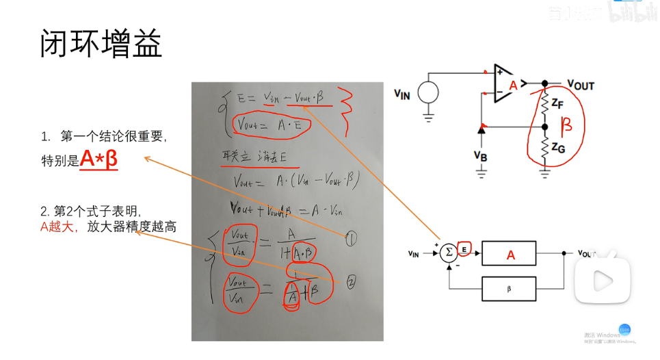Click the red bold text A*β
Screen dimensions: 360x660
coord(98,159)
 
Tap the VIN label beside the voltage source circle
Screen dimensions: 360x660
coord(402,94)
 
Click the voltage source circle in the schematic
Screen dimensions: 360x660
coord(429,92)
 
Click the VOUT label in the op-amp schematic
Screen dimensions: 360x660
coord(581,85)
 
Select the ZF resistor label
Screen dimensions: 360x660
coord(557,104)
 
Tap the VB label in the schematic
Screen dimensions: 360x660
coord(480,155)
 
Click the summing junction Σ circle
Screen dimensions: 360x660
coord(449,253)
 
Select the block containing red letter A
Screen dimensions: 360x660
coord(510,254)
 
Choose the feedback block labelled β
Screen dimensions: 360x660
coord(509,288)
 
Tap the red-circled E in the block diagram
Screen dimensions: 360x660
coord(466,250)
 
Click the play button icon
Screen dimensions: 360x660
coord(603,280)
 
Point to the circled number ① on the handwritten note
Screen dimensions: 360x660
coord(351,239)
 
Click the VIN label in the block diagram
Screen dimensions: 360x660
coord(414,254)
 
